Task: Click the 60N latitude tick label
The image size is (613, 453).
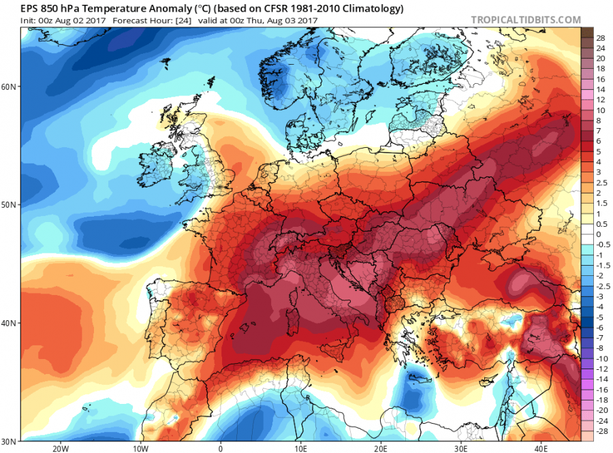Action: (x=10, y=87)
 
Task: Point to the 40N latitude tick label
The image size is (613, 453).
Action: (x=10, y=323)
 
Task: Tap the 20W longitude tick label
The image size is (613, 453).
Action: (x=61, y=448)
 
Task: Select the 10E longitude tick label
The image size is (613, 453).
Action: (x=300, y=448)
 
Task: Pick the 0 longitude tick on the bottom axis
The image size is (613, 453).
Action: (x=221, y=448)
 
